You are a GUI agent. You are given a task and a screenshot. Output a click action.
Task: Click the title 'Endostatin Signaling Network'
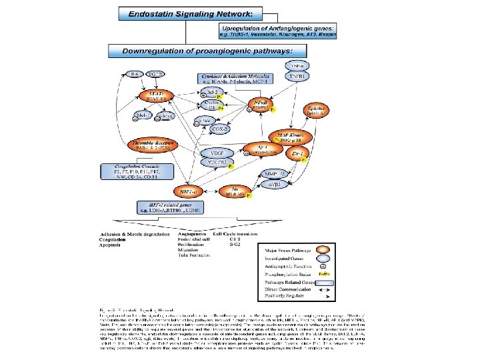(182, 13)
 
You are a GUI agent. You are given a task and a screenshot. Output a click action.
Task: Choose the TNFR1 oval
(296, 77)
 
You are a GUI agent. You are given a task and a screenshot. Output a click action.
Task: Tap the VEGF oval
(215, 152)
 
